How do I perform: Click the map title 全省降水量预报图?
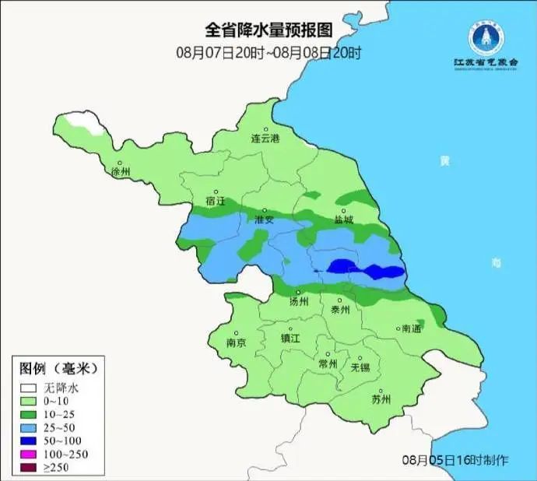click(268, 30)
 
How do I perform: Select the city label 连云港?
click(265, 138)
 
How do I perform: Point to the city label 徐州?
click(121, 171)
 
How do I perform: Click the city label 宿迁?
click(216, 201)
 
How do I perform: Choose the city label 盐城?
click(343, 219)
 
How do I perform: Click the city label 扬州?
click(299, 301)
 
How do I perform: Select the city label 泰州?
click(341, 309)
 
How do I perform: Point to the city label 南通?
click(410, 329)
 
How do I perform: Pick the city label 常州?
click(328, 363)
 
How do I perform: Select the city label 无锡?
click(360, 367)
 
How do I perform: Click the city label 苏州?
click(381, 400)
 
